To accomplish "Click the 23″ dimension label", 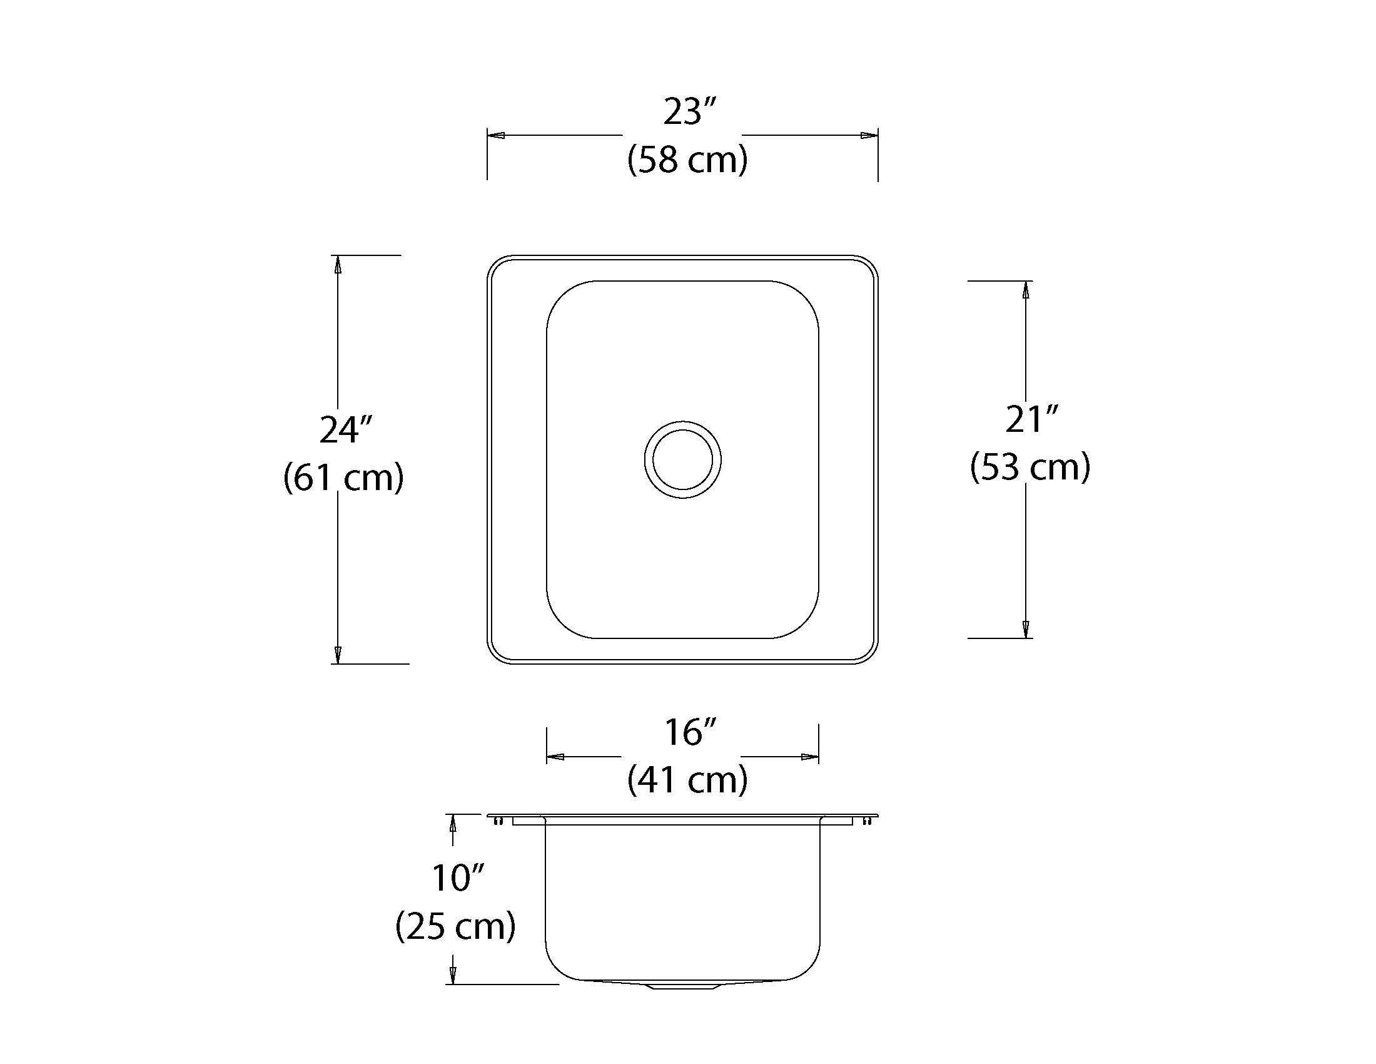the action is (x=690, y=111).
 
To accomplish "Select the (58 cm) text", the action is (x=687, y=160).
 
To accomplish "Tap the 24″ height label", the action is (x=346, y=430).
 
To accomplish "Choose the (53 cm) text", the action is (x=1030, y=467).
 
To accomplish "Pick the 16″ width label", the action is (x=691, y=732).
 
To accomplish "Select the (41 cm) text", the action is (x=687, y=780).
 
